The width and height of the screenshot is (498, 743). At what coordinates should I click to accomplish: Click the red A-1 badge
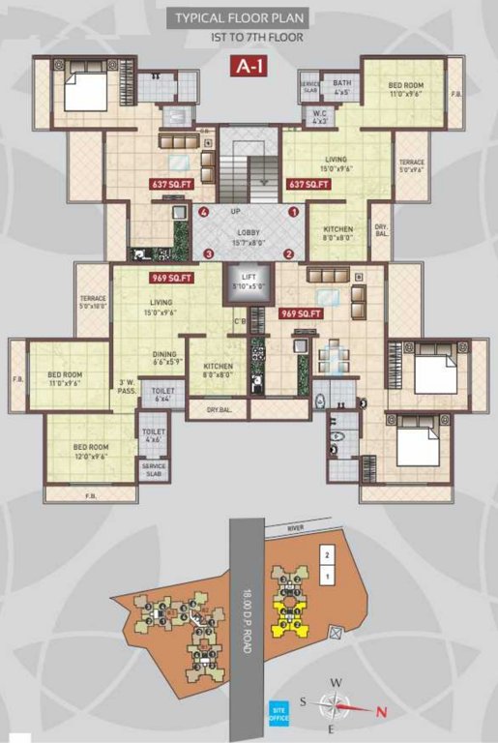[x=249, y=67]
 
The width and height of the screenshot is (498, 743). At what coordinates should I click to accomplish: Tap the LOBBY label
[x=249, y=233]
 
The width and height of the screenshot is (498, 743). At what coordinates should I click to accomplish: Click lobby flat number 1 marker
[x=293, y=212]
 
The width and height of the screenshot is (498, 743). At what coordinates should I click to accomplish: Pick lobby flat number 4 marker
[x=203, y=212]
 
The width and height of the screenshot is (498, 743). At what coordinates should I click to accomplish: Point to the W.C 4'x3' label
[x=320, y=119]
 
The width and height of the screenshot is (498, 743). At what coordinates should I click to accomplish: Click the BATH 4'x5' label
[x=342, y=88]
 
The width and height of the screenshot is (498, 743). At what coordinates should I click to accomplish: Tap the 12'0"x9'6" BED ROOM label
[x=89, y=451]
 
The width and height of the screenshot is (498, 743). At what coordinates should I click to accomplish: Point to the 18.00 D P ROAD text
[x=248, y=619]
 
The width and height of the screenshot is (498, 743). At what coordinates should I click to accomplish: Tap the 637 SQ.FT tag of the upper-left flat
[x=171, y=183]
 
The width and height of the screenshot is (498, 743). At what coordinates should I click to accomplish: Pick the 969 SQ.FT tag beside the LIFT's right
[x=301, y=313]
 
